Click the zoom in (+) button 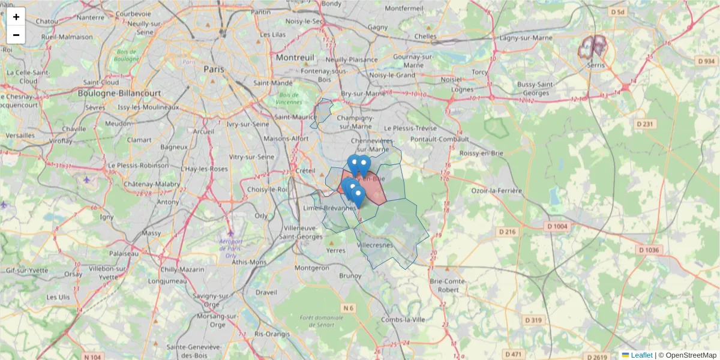point(16,17)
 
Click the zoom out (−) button point(16,35)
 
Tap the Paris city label point(214,69)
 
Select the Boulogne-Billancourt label point(119,94)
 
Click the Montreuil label point(295,58)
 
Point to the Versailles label point(20,136)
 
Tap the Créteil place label point(305,170)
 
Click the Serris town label point(596,65)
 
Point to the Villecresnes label point(374,245)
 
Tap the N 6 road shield point(349,308)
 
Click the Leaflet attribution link point(641,355)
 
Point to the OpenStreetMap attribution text point(691,355)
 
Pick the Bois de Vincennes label point(289,98)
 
